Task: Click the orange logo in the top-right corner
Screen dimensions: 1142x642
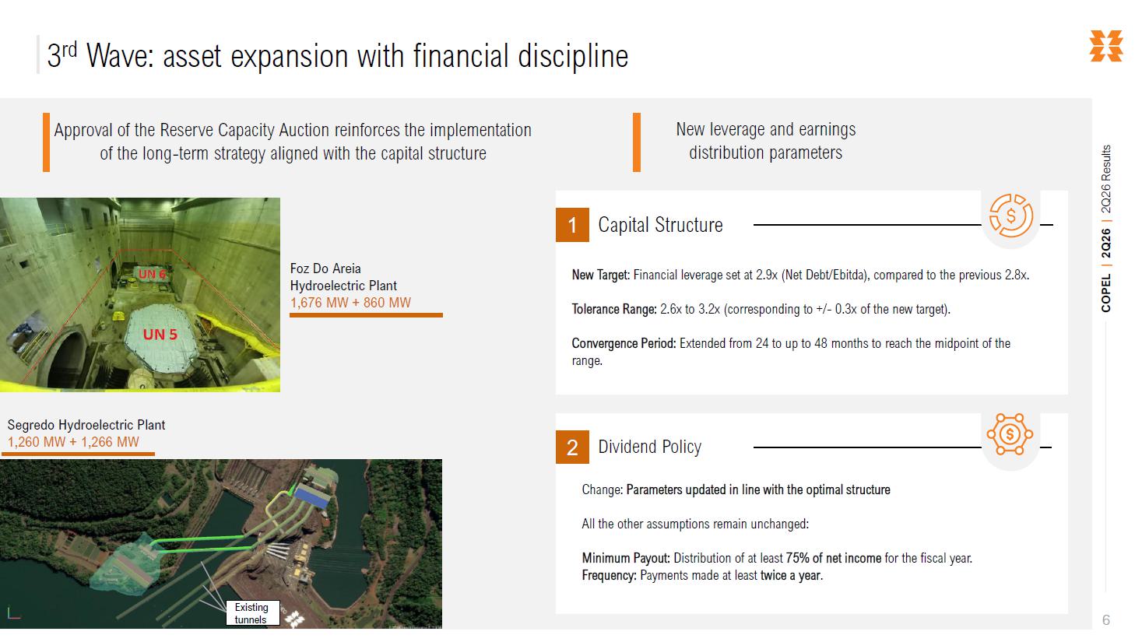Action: (1106, 46)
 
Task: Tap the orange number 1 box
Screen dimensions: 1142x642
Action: (572, 225)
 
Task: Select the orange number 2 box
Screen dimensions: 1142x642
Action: (572, 447)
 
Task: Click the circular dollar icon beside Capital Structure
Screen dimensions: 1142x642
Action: (1011, 216)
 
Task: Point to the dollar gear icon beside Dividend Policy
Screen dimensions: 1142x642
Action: (1010, 434)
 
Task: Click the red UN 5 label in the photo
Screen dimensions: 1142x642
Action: (160, 335)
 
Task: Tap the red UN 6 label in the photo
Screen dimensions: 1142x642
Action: (152, 274)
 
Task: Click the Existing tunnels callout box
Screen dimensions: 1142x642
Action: (253, 613)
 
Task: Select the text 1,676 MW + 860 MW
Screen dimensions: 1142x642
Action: (350, 303)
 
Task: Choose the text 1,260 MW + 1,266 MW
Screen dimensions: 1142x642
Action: (73, 442)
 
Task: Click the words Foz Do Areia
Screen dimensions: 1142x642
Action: (325, 268)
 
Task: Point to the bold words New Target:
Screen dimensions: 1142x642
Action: (600, 275)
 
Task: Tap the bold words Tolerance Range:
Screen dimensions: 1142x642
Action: (614, 309)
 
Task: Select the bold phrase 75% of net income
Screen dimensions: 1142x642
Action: (834, 558)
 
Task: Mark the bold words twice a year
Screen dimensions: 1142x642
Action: (791, 575)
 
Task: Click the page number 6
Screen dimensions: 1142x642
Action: (1106, 619)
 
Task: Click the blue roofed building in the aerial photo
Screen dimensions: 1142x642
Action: (312, 496)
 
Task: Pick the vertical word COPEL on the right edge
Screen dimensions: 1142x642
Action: (1106, 293)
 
